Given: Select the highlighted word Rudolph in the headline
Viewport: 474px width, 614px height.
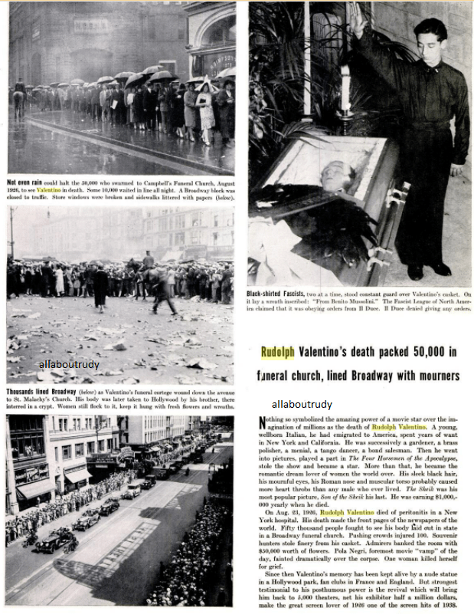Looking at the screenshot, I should click(279, 354).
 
